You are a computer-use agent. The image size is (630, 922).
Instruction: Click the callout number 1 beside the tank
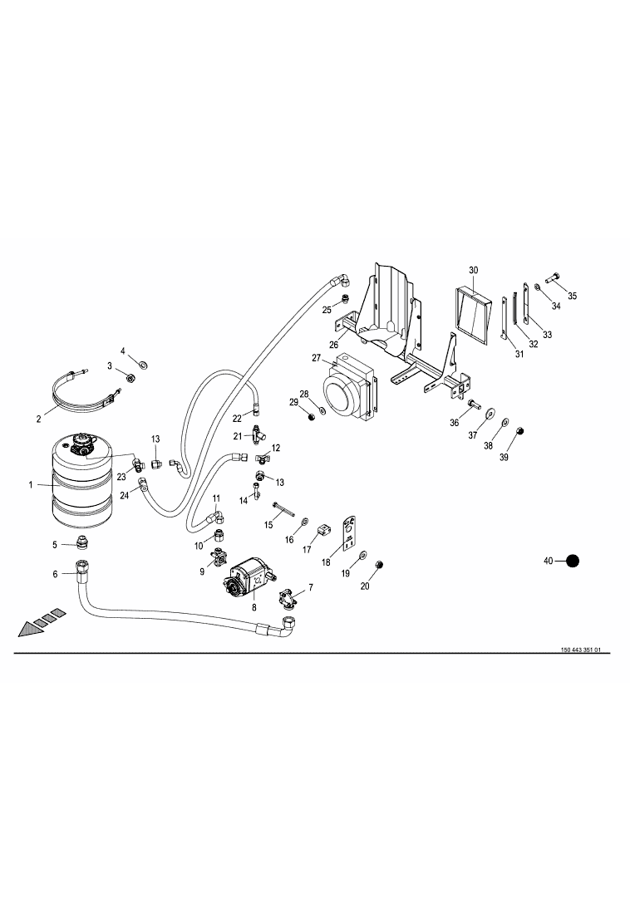click(x=31, y=483)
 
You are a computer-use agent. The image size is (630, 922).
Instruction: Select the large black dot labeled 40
click(x=572, y=562)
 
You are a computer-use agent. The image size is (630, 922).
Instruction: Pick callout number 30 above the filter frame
click(x=474, y=271)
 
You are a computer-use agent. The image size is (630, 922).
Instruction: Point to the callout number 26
click(x=333, y=345)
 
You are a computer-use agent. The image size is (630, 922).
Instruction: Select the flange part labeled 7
click(x=288, y=599)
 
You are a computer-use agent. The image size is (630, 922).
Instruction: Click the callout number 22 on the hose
click(x=236, y=417)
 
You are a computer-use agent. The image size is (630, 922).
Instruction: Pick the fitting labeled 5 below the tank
click(x=82, y=543)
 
